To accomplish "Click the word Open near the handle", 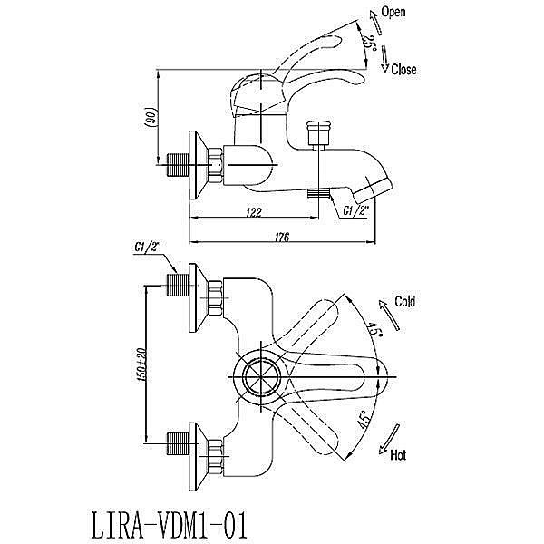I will pos(393,12).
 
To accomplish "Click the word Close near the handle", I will pos(404,69).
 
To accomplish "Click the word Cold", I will pos(405,302).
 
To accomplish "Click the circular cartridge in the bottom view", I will pos(261,373).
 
